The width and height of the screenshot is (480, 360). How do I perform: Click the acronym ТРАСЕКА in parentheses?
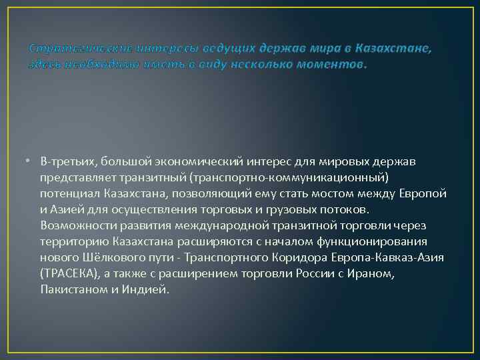pos(70,273)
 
